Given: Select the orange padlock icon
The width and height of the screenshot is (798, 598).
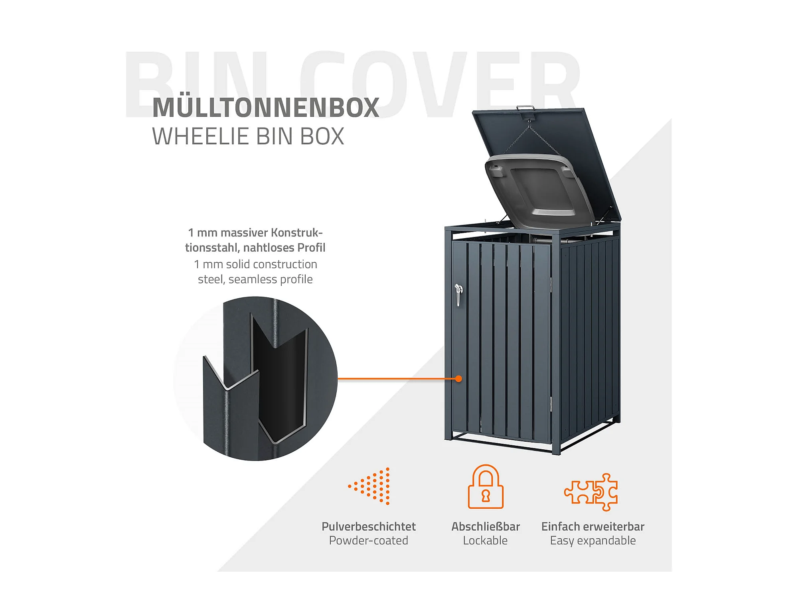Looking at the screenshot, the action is pyautogui.click(x=486, y=486).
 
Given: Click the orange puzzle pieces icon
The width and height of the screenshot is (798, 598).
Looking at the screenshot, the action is pyautogui.click(x=591, y=492).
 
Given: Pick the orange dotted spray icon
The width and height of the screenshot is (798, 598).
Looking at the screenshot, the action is pyautogui.click(x=369, y=486).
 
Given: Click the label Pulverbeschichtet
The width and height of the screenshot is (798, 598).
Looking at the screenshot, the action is pyautogui.click(x=369, y=527).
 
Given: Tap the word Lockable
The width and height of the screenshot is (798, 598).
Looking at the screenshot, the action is pyautogui.click(x=485, y=541).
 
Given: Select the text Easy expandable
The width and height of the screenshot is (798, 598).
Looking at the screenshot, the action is pyautogui.click(x=593, y=541).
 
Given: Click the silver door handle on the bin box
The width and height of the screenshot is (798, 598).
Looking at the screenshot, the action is pyautogui.click(x=458, y=294).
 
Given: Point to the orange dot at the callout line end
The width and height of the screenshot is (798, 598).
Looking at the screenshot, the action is pyautogui.click(x=459, y=379).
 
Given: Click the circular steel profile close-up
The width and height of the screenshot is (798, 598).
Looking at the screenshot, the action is pyautogui.click(x=255, y=378).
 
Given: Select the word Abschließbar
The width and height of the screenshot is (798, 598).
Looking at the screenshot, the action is pyautogui.click(x=486, y=527).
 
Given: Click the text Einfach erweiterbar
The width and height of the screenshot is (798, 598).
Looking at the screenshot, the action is pyautogui.click(x=593, y=527).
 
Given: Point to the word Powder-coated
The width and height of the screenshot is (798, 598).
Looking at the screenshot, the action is pyautogui.click(x=369, y=541).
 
